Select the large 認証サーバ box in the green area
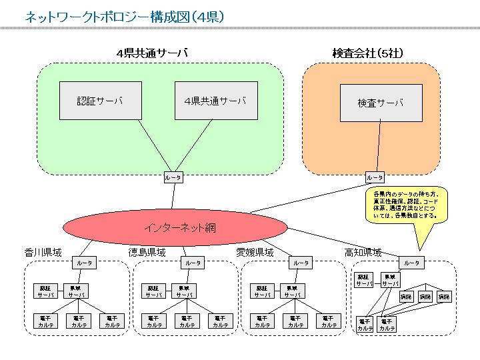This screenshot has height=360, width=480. click(x=101, y=101)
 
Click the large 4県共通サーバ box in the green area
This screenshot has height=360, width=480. click(x=216, y=101)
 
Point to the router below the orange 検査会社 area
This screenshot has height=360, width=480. click(x=375, y=177)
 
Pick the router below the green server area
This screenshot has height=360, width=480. click(x=173, y=177)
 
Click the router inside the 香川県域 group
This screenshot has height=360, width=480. click(x=85, y=263)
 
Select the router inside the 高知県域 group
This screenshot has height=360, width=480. click(x=412, y=263)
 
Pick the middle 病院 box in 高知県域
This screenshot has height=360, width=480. click(x=425, y=296)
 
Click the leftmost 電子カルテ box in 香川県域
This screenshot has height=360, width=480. click(x=46, y=321)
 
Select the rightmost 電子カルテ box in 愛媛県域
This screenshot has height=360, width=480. click(x=329, y=321)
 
